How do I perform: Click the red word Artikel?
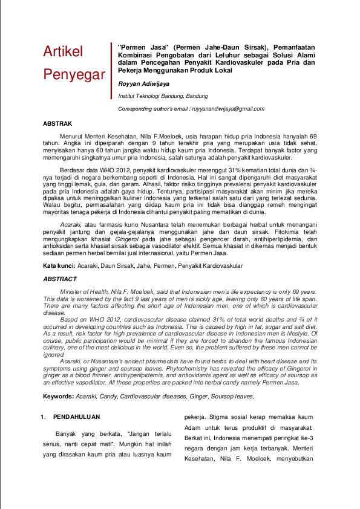(63, 52)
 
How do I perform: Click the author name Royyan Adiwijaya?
(144, 85)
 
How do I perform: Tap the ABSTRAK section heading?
(57, 123)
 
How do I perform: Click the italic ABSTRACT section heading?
(60, 279)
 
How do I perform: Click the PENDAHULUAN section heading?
(76, 417)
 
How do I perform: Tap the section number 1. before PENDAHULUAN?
(44, 417)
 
